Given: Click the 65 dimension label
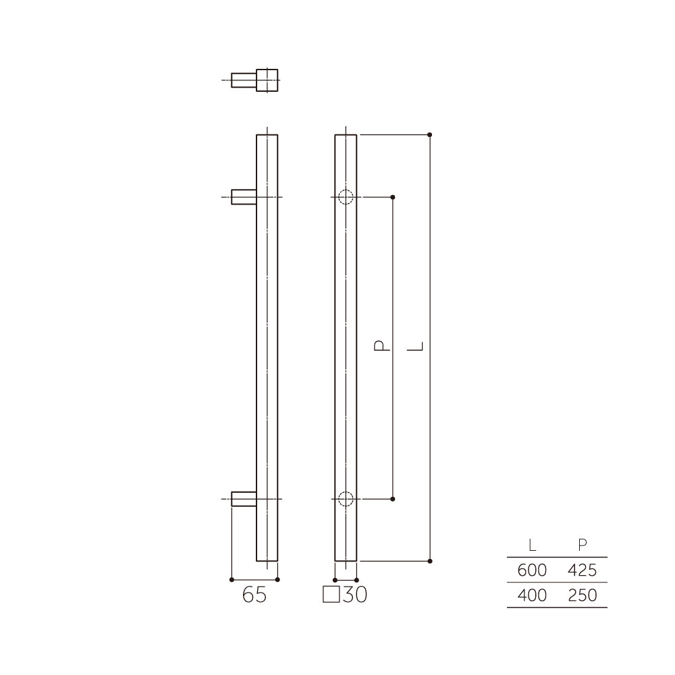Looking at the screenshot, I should point(254,595).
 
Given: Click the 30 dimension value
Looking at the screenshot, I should point(355,595).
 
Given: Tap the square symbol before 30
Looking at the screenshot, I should point(331,595).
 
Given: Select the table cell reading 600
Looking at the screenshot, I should point(532,570).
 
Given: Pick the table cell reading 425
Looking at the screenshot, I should point(582,570).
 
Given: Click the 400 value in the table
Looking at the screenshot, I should point(532,595).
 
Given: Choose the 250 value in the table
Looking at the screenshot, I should point(582,595).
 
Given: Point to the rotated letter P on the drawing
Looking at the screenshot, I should point(381,347).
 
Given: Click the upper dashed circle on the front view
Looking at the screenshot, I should point(346,197).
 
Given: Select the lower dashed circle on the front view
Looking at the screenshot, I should point(346,500).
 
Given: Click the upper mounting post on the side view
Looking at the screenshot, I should point(244,197).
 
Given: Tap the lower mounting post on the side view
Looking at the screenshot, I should point(244,500).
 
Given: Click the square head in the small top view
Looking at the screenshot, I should point(267,80).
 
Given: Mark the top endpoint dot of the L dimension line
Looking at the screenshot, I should point(430,134).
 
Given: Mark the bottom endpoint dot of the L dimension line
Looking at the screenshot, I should point(430,561).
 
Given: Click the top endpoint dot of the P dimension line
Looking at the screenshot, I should point(394,197).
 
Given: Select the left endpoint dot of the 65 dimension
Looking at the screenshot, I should point(232,579).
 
